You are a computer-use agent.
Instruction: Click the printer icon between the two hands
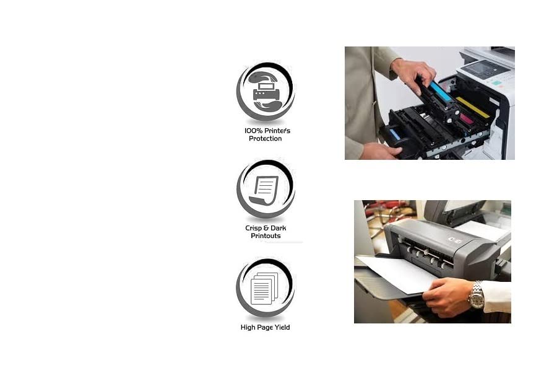coord(266,91)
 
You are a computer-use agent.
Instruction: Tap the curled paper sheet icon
coord(264,191)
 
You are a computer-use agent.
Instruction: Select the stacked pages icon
coord(264,289)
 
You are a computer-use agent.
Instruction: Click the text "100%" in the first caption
coord(253,131)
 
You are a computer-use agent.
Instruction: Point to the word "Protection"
coord(266,139)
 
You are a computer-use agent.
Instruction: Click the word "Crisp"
coord(253,228)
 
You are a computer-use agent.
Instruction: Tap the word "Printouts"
coord(266,236)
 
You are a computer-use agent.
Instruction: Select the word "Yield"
coord(281,327)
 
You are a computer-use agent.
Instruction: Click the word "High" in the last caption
coord(248,328)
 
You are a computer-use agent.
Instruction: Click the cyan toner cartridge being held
coord(441,90)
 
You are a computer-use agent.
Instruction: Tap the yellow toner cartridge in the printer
coord(473,107)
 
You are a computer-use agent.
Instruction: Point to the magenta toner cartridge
coord(466,119)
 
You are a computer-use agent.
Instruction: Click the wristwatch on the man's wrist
coord(476,295)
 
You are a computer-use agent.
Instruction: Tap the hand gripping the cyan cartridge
coord(413,74)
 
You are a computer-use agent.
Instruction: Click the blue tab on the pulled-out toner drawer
coord(395,134)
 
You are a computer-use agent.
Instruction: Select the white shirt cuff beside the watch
coord(496,296)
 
